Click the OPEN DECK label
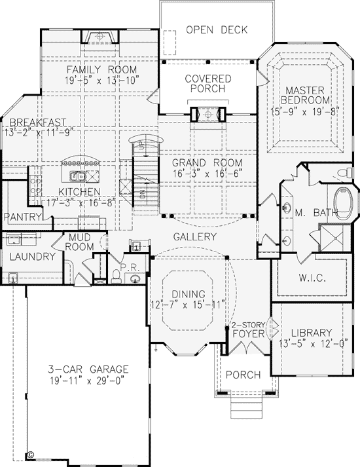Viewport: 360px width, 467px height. (217, 29)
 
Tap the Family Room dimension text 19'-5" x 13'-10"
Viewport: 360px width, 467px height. (102, 81)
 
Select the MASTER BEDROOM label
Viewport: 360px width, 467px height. (305, 95)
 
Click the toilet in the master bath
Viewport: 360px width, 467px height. (346, 173)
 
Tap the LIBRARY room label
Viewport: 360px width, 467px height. (312, 332)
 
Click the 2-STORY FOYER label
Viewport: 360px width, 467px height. (249, 329)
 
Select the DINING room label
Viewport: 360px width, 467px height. (189, 294)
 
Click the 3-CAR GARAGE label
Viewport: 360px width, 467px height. (88, 369)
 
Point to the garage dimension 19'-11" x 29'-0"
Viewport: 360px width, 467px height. (86, 381)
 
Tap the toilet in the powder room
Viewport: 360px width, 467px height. (115, 276)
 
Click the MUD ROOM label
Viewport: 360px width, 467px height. (79, 242)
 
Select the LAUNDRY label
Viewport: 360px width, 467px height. (33, 257)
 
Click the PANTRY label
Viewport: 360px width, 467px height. (23, 217)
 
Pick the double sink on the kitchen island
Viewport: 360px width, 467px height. (78, 177)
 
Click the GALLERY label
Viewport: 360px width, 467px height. (194, 237)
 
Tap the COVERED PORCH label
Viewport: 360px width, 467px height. (208, 84)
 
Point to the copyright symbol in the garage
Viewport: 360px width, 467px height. (30, 455)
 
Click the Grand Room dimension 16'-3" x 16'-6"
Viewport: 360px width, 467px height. (207, 173)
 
